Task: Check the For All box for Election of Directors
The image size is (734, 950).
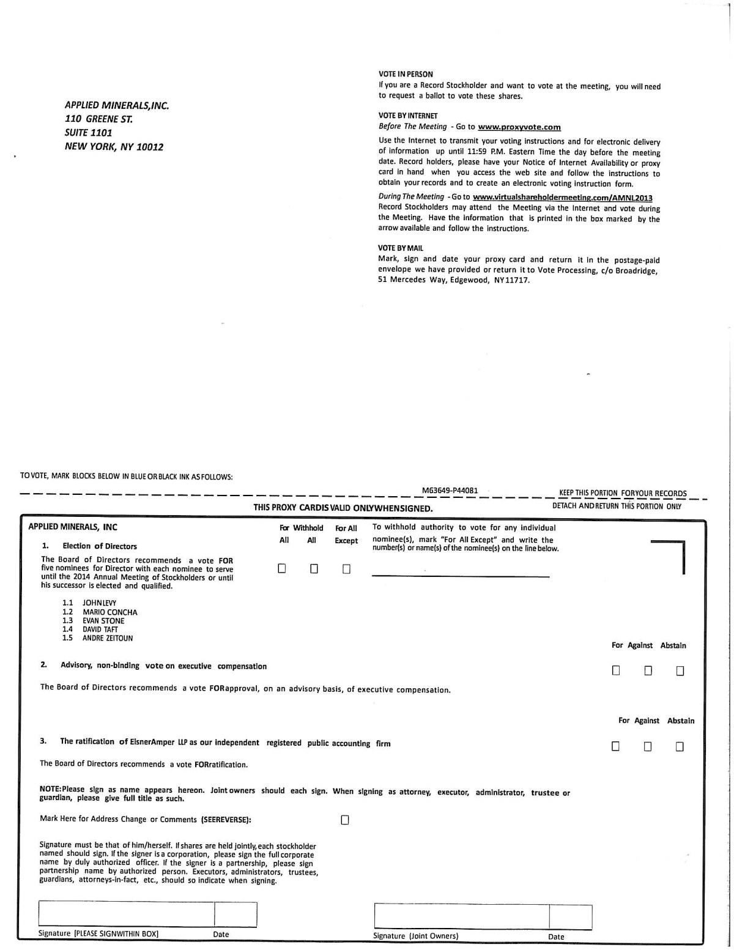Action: (x=282, y=568)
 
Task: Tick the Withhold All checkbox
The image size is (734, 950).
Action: (x=314, y=569)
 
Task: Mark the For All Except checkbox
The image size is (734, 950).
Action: (x=346, y=569)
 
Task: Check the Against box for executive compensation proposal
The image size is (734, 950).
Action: (x=648, y=671)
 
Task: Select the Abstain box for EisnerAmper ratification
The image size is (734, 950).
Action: (x=680, y=746)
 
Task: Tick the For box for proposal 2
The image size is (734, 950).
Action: (x=616, y=670)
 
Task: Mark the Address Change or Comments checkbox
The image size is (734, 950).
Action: (x=345, y=820)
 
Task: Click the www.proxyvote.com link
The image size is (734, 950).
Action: (x=519, y=127)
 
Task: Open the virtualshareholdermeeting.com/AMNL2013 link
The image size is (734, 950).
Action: (x=562, y=197)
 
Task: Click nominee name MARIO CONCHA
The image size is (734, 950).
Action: (x=110, y=612)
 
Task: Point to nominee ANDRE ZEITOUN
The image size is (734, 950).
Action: (x=108, y=638)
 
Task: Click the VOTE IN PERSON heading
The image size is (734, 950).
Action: (x=406, y=74)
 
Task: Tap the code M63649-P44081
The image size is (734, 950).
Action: (x=450, y=491)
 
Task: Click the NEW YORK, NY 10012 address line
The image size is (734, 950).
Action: (x=114, y=147)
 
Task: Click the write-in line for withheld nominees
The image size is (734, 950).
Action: (x=460, y=575)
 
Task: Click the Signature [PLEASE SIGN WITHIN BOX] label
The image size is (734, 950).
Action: (x=98, y=933)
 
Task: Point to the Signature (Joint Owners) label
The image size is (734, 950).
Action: (x=415, y=936)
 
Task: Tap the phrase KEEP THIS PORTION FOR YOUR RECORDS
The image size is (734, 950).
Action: (x=623, y=493)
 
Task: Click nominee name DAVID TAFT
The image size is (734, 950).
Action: (x=100, y=629)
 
